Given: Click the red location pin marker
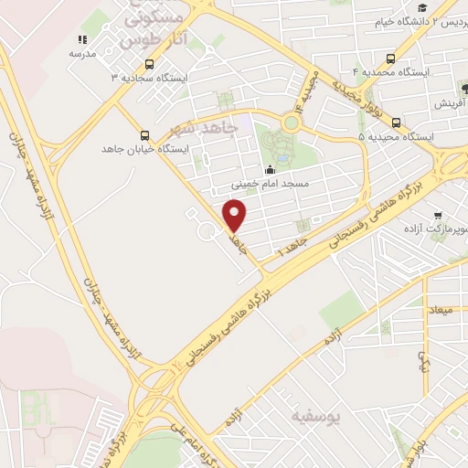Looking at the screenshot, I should coord(236,216).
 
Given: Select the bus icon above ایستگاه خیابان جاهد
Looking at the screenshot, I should coord(143,133).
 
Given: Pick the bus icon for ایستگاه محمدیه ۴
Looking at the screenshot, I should coord(392,56).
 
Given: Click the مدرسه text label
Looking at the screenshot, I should coord(82,54).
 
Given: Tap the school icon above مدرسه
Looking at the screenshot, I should coord(82,40).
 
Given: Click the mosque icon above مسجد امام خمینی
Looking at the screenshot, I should coord(269,170).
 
